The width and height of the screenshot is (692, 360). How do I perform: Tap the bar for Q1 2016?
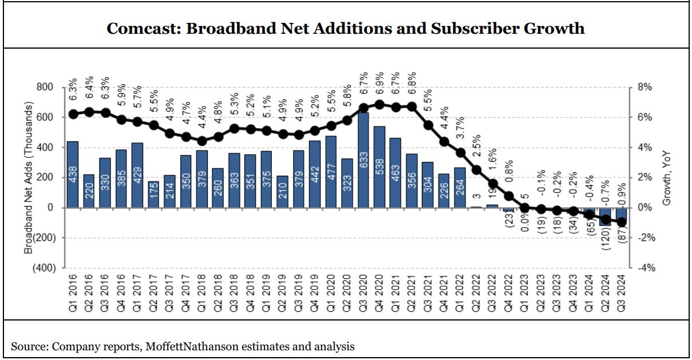(73, 174)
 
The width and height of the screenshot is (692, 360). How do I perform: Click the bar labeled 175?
(153, 194)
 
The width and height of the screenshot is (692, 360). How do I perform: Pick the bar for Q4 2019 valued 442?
(315, 174)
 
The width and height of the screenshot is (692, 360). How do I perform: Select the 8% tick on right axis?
(644, 88)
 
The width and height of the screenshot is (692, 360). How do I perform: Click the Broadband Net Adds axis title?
(29, 177)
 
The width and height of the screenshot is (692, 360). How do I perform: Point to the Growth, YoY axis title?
(667, 177)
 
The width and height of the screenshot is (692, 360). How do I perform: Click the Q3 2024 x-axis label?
(620, 292)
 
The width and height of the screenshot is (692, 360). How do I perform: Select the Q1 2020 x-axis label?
(331, 292)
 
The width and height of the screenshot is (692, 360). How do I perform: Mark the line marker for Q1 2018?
(201, 141)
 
